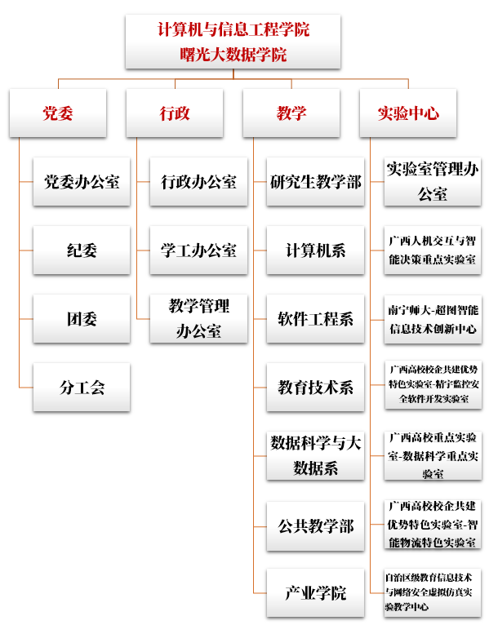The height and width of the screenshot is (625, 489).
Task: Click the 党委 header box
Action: tap(58, 113)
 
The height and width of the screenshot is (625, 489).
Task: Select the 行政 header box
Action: tap(175, 113)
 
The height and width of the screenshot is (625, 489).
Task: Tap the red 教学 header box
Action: tap(291, 113)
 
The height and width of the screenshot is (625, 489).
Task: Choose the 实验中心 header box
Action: tap(408, 113)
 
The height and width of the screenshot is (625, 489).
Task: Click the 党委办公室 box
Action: tap(82, 182)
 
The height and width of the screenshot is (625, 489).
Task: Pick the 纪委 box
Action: tap(82, 250)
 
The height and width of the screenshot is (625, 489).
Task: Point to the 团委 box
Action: tap(82, 319)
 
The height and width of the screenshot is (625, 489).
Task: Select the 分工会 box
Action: tap(82, 388)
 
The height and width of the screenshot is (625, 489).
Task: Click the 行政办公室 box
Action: tap(198, 182)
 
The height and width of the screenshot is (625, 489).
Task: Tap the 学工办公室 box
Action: tap(198, 250)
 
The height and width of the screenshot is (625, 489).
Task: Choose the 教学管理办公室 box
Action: tap(198, 319)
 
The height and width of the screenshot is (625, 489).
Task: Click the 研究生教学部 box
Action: tap(315, 182)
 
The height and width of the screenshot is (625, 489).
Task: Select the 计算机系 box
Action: tap(315, 250)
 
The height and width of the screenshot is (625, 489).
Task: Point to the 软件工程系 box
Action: tap(315, 319)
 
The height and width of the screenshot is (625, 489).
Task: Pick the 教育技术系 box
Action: tap(315, 388)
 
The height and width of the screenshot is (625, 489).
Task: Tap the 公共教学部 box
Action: tap(315, 526)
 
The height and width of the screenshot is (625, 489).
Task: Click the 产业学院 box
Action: tap(315, 593)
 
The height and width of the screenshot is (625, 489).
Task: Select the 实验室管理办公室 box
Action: tap(433, 182)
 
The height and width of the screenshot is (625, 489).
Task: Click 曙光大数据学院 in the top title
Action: tap(233, 55)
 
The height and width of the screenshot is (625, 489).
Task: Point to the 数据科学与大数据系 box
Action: tap(315, 455)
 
